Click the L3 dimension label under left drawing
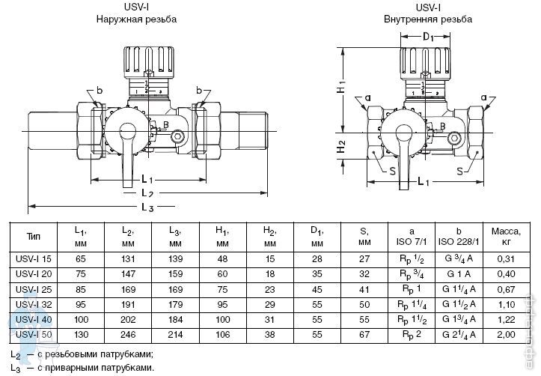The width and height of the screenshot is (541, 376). tap(147, 207)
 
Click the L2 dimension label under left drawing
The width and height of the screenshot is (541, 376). tap(147, 193)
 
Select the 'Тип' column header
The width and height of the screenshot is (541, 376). tap(33, 236)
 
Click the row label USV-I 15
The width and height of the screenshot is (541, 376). tap(34, 258)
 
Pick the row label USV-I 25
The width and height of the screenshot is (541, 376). tap(34, 288)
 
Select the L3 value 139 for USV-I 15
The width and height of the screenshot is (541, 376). tap(175, 258)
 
